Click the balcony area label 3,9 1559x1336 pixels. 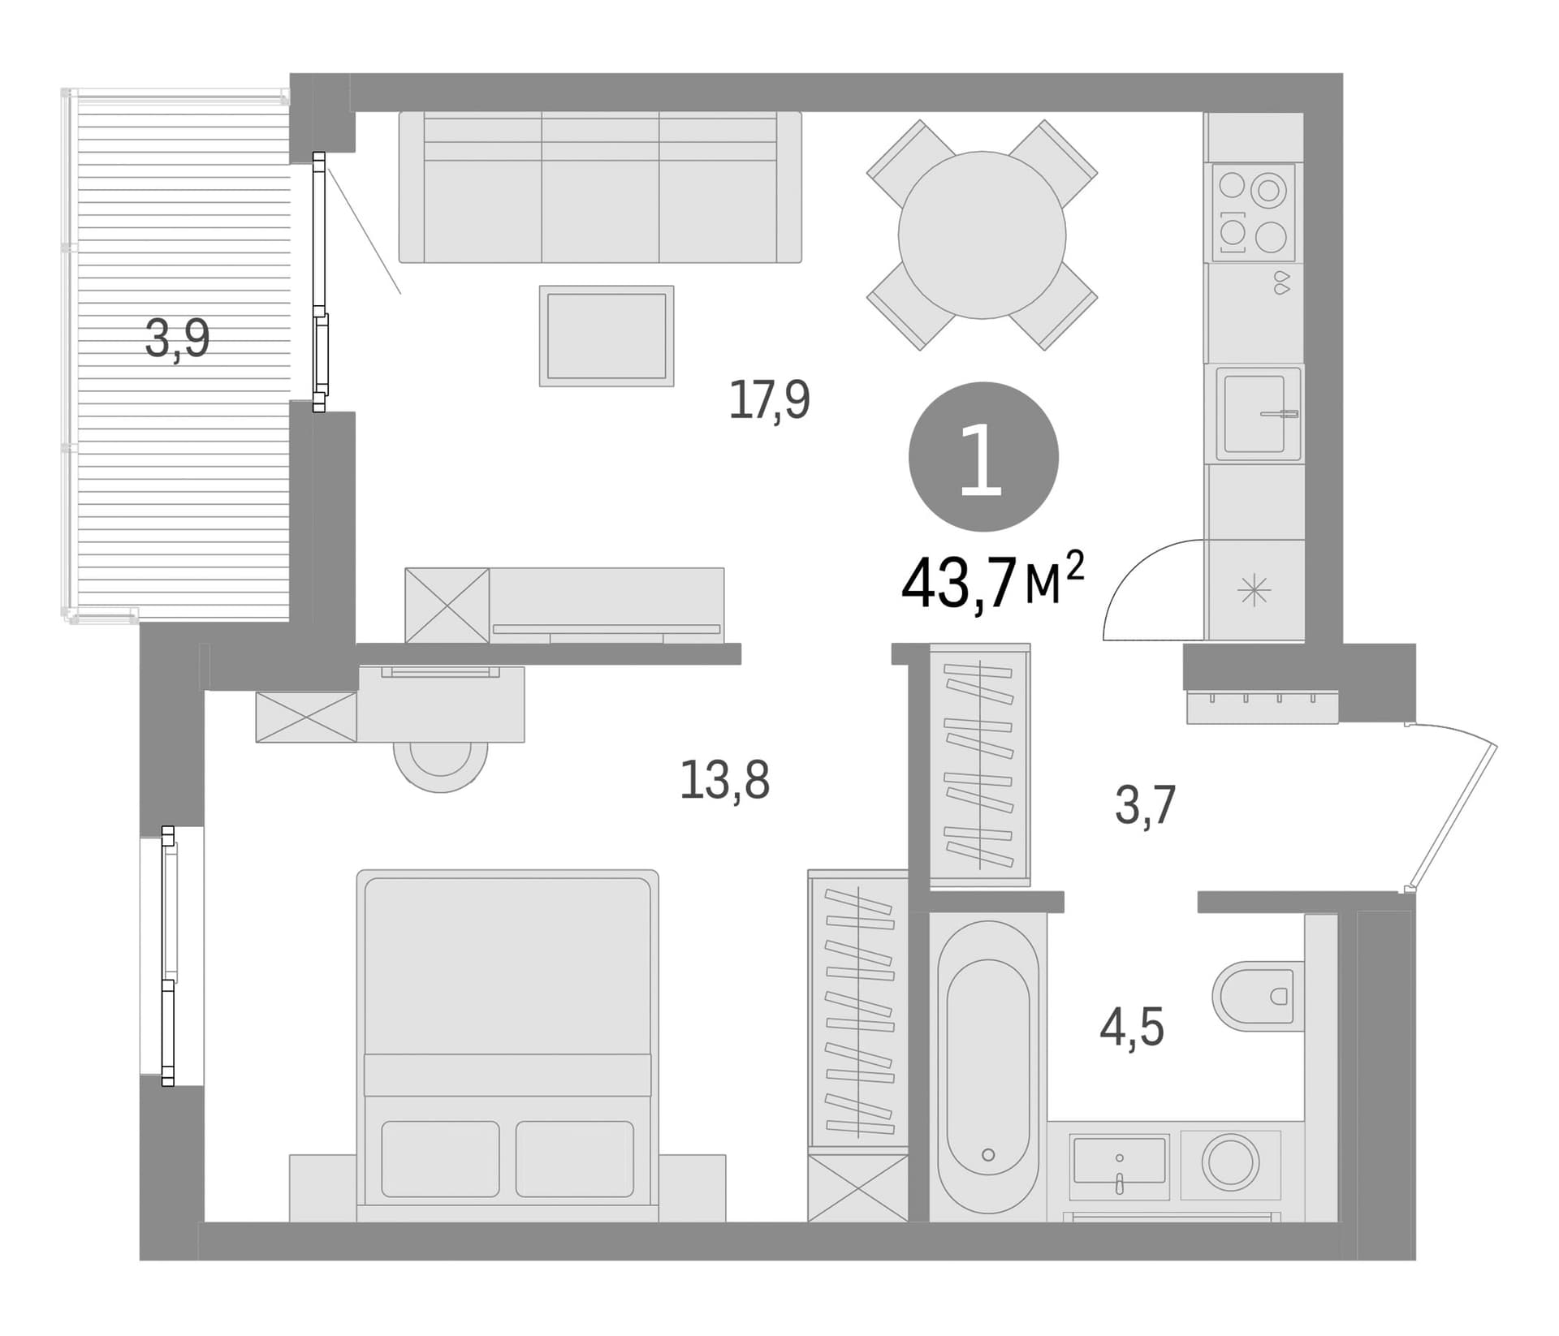177,338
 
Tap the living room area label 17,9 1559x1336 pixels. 769,399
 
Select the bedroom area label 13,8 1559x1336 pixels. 724,779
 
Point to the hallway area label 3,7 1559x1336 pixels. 1145,805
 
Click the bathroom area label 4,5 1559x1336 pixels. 1132,1027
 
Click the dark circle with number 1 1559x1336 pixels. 983,457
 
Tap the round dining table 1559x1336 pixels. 982,235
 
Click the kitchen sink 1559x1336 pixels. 1258,414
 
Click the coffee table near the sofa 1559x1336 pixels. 607,335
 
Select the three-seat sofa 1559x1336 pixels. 600,187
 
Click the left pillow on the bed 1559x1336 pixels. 440,1159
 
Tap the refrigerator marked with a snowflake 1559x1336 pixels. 1255,589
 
